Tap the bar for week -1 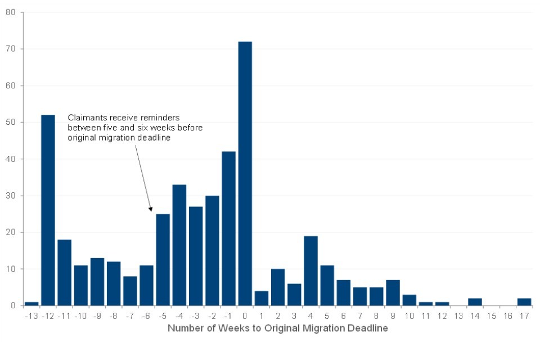click(x=228, y=228)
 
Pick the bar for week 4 click(x=310, y=271)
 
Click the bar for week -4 click(x=179, y=245)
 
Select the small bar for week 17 click(x=524, y=302)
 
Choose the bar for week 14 click(x=475, y=302)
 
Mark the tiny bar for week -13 click(x=31, y=304)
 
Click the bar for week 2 click(x=278, y=287)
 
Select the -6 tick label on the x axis click(x=146, y=316)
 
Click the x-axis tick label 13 click(x=458, y=316)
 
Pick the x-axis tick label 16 click(x=507, y=316)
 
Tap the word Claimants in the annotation click(x=84, y=118)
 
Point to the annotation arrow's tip click(x=151, y=211)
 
